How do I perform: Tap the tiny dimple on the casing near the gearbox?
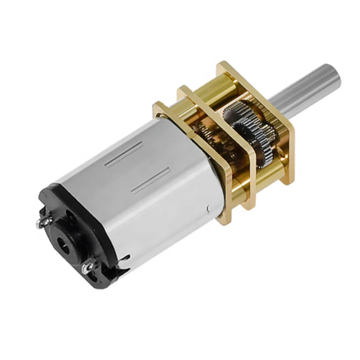[x=208, y=208]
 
